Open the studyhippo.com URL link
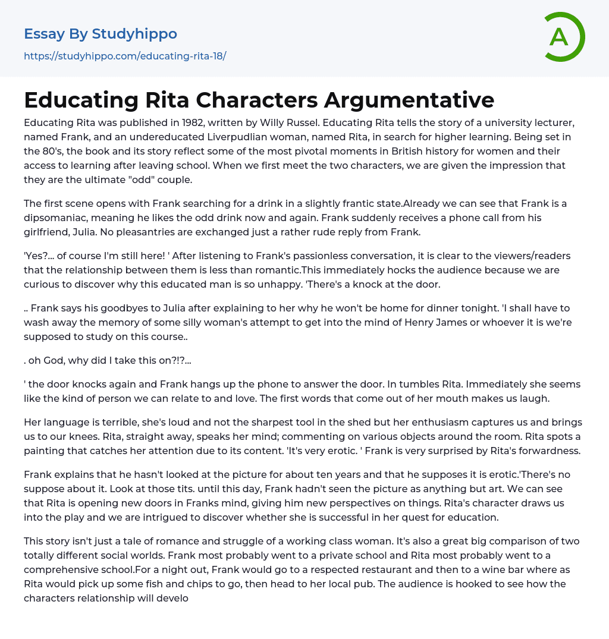point(125,56)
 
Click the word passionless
point(240,256)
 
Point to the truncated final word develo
point(173,598)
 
